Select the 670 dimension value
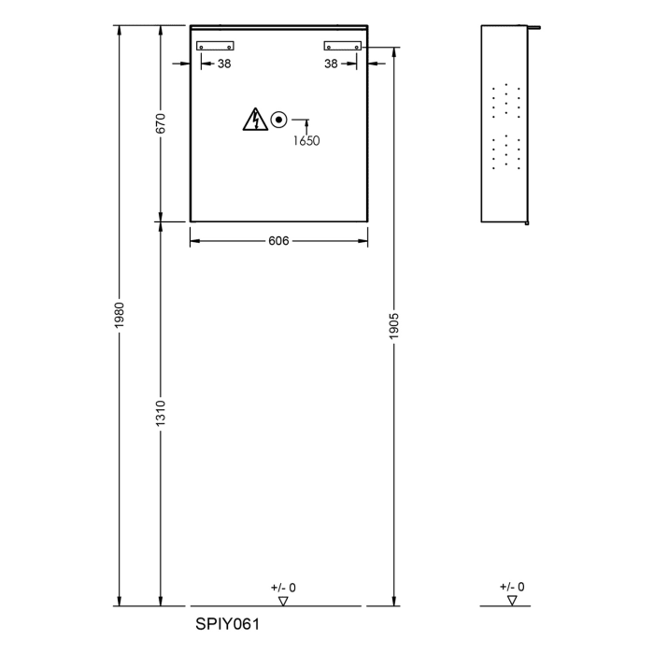pos(161,123)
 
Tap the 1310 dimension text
pos(161,410)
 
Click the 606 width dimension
pos(277,241)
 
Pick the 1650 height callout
pos(306,141)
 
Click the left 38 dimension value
pos(224,64)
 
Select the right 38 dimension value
pos(331,64)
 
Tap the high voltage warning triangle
pos(255,120)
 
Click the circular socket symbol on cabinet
pos(278,120)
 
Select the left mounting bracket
pos(215,45)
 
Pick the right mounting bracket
pos(341,45)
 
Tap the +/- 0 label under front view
pos(283,588)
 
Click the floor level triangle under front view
pos(283,600)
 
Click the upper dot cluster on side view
pos(505,99)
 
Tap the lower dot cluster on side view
pos(505,152)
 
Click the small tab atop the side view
pos(536,27)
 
